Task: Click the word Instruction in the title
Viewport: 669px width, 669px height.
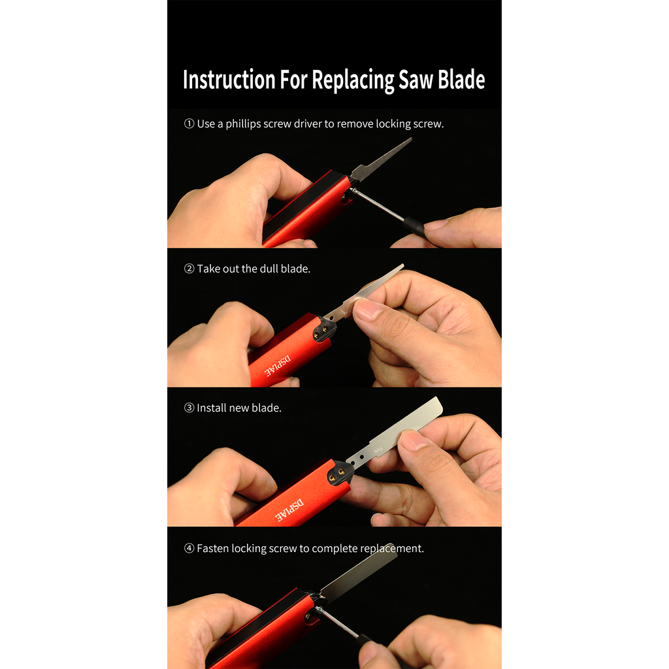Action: coord(228,80)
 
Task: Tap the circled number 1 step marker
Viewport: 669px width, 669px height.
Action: coord(189,123)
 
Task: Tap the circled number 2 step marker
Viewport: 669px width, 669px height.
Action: coord(189,269)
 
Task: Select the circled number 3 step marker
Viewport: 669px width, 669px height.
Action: coord(189,408)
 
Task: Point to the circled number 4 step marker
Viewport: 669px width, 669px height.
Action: coord(189,549)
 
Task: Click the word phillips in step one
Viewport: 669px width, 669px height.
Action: coord(243,124)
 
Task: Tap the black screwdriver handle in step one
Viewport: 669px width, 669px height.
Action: coord(413,227)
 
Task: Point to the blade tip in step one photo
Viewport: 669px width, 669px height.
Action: coord(408,140)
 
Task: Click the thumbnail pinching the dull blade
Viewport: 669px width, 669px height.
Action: coord(368,309)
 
